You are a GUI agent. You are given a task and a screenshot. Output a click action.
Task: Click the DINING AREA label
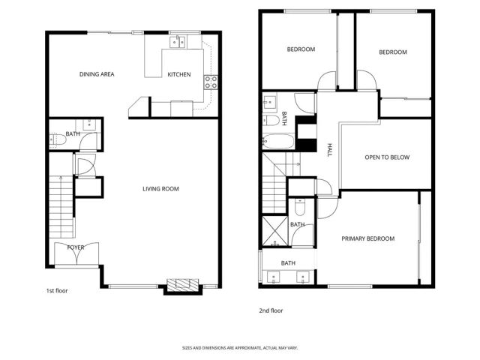click(x=96, y=74)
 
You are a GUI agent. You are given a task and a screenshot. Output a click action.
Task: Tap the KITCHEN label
click(x=178, y=74)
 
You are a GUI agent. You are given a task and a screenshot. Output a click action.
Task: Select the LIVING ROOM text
click(x=160, y=188)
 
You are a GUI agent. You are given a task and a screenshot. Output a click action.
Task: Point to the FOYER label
click(x=76, y=247)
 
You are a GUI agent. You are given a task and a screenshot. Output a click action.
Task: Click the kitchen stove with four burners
click(x=211, y=81)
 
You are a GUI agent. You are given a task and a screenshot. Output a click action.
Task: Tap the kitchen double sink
click(x=178, y=43)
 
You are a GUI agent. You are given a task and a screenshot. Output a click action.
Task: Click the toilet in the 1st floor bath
click(x=55, y=138)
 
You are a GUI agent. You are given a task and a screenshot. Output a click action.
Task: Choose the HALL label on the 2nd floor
click(x=329, y=151)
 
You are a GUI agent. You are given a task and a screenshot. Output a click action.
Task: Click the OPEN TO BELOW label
click(x=386, y=157)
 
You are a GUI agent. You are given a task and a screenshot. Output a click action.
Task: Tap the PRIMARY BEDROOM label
click(x=367, y=238)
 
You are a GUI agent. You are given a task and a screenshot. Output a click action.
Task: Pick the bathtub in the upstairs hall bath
click(x=277, y=139)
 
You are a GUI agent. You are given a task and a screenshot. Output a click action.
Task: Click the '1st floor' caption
click(x=56, y=290)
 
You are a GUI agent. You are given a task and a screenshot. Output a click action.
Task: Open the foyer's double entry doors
click(x=75, y=256)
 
